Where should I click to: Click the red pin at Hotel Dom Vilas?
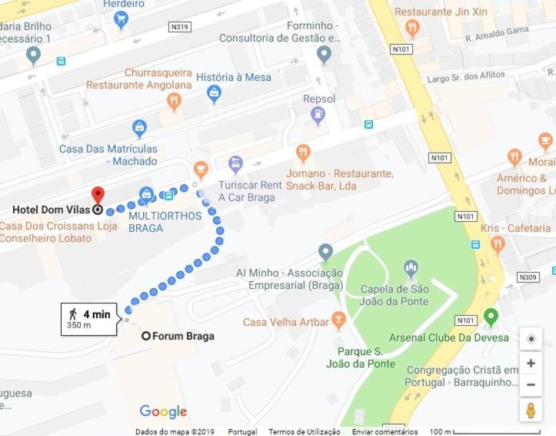[98, 194]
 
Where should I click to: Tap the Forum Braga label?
[183, 337]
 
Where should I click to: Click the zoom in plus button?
[531, 363]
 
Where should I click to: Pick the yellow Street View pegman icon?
[531, 411]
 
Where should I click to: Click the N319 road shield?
[179, 27]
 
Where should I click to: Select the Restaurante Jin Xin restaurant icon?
[412, 29]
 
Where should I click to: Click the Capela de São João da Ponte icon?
[411, 269]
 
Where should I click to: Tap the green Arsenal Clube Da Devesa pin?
[491, 317]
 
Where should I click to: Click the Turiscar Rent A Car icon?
[235, 164]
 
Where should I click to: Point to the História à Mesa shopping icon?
[214, 94]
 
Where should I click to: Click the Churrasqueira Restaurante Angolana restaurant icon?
[174, 101]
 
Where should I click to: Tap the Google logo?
[163, 411]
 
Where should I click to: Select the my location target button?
[531, 339]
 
